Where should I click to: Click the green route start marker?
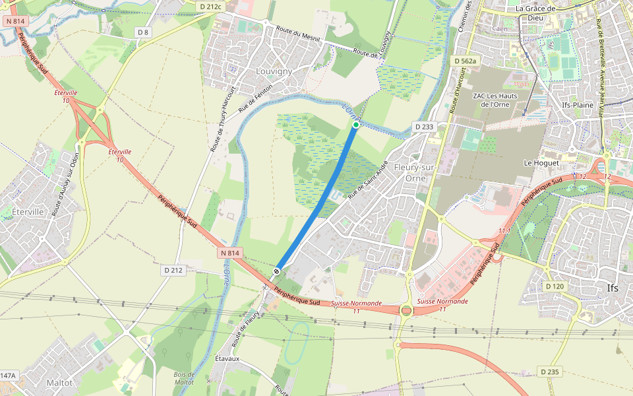356,124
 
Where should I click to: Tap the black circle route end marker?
278,271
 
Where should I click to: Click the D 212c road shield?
211,7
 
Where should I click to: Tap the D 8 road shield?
143,32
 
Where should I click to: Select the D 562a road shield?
464,61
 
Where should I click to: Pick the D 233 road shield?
424,126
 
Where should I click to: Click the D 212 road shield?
173,270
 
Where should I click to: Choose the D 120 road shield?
555,286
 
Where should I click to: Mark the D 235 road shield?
550,372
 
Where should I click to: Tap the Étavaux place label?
227,358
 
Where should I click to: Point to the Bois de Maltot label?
184,378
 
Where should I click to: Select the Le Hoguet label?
541,162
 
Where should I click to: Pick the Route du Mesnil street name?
298,36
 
